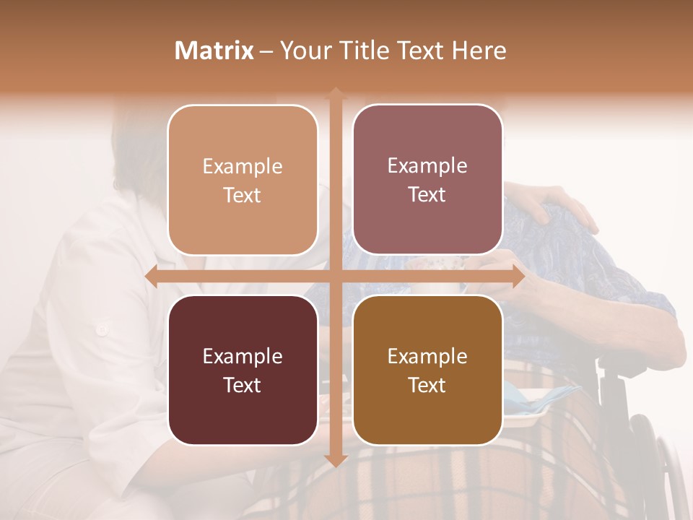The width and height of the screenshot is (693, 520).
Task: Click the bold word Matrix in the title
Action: point(214,51)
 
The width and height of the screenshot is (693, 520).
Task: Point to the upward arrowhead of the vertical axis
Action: point(336,93)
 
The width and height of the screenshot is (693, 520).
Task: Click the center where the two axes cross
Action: point(336,277)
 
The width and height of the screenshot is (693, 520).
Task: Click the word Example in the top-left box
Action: point(243,167)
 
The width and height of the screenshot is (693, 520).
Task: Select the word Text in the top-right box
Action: point(427,195)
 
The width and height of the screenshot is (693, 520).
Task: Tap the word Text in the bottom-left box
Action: point(243,385)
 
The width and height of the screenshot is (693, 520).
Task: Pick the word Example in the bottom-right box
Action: point(427,356)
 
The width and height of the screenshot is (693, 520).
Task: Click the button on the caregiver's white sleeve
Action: point(102,329)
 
